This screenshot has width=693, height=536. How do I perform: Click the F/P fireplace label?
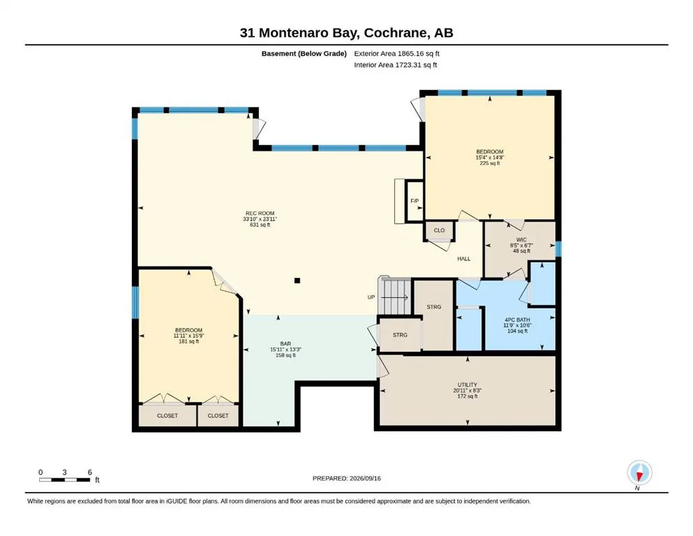click(415, 201)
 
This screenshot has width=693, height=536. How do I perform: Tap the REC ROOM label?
click(260, 214)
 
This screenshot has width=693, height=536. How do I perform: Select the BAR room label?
click(285, 344)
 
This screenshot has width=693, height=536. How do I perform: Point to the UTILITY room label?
click(467, 385)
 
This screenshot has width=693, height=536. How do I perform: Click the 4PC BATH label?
click(517, 320)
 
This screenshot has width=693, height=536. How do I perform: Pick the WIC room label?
click(521, 240)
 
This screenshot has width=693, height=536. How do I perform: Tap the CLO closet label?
click(439, 230)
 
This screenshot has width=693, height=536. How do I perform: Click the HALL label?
click(463, 259)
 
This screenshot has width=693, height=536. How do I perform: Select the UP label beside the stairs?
click(371, 297)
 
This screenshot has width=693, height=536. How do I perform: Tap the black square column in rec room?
click(297, 281)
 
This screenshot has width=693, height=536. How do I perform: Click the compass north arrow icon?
click(639, 473)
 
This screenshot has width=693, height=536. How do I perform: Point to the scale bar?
click(64, 480)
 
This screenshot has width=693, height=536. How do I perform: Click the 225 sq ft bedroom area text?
click(490, 163)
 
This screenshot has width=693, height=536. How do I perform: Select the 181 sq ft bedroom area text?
click(188, 341)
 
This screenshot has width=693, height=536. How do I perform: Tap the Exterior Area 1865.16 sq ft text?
click(396, 54)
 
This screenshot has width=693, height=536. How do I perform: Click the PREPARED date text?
click(346, 478)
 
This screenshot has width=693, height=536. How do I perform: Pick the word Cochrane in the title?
click(396, 33)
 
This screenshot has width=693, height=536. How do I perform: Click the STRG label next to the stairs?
click(434, 307)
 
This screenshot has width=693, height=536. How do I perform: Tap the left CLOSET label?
click(167, 416)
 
